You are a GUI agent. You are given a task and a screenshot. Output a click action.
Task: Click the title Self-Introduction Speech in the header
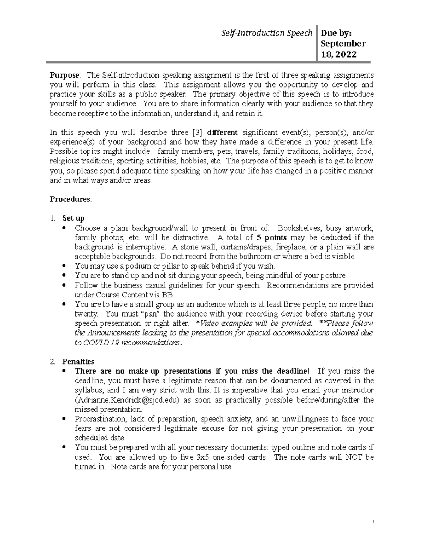(266, 33)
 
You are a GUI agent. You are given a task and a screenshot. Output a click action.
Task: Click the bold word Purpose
(65, 75)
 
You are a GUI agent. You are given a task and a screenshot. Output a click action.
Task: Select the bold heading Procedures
(70, 199)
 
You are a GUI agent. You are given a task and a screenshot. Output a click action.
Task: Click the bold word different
(222, 133)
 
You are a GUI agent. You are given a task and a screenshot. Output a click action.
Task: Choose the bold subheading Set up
(73, 218)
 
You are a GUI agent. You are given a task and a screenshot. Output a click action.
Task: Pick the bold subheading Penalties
(78, 361)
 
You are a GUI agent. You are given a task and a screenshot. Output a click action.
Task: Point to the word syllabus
(88, 390)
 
